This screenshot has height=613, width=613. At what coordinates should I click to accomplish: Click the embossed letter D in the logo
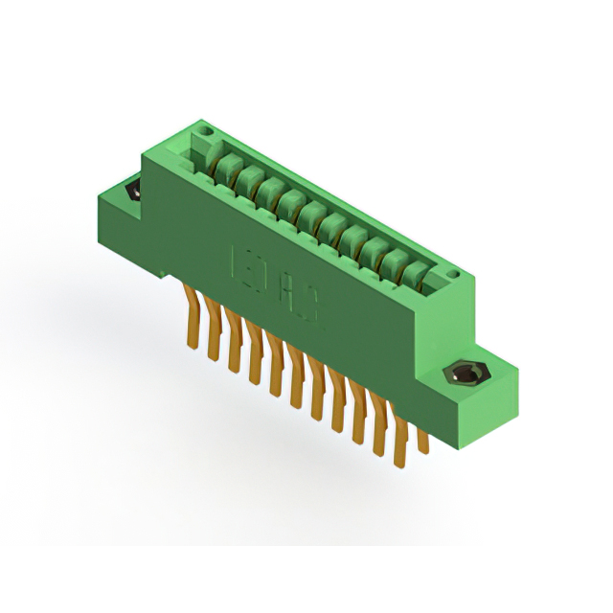(x=264, y=280)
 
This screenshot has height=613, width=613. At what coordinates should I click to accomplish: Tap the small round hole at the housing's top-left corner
(x=202, y=128)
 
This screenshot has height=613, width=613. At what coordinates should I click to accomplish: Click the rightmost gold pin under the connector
(x=422, y=436)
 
